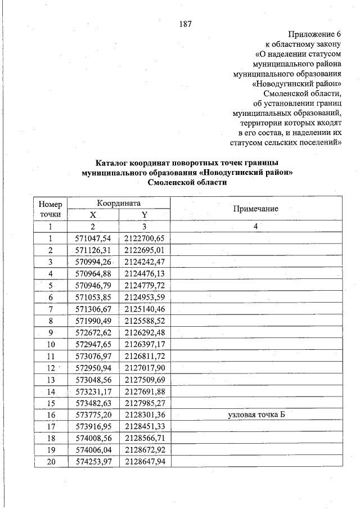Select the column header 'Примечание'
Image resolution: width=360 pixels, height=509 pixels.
255,209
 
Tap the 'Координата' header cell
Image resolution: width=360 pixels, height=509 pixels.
118,203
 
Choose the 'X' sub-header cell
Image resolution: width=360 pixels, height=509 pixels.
93,215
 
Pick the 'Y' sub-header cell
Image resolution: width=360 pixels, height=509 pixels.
144,215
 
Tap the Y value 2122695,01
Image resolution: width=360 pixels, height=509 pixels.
144,250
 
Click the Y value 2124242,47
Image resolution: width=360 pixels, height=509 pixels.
144,262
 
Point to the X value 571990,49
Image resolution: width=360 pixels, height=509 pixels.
93,321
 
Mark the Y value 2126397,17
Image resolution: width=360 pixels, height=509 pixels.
144,344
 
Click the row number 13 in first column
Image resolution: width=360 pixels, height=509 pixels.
50,380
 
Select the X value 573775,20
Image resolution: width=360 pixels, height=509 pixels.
93,415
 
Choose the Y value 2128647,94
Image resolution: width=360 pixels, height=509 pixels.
144,462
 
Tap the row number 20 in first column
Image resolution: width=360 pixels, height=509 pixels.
50,462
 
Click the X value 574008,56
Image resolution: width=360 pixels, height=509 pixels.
93,438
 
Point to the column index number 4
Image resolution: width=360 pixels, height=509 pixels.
255,226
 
